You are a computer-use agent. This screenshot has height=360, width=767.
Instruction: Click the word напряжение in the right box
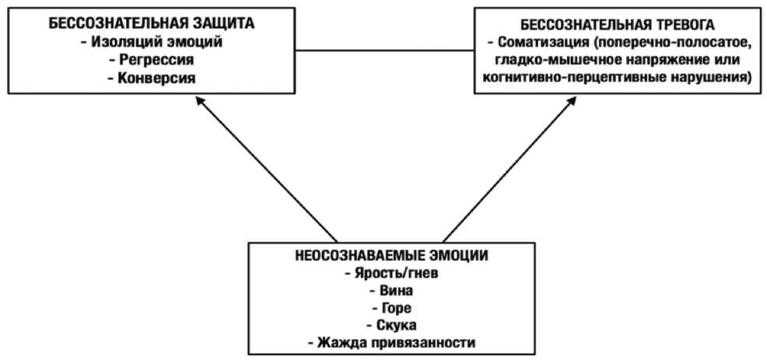click(x=657, y=60)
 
